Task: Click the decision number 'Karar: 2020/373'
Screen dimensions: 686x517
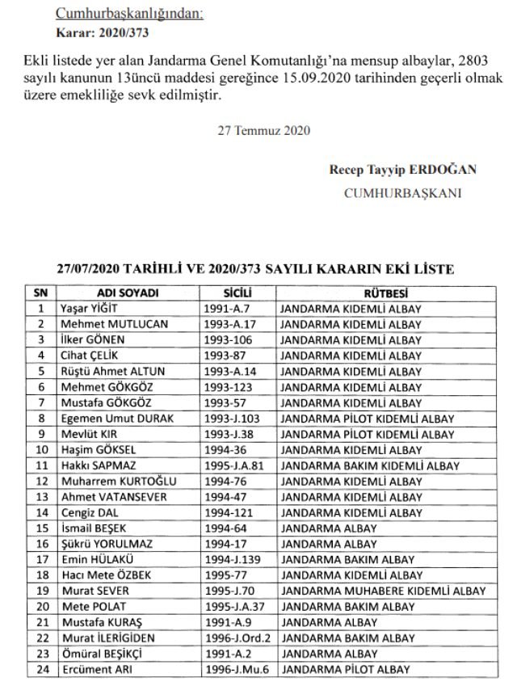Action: pyautogui.click(x=102, y=33)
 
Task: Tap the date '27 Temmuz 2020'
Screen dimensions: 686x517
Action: pyautogui.click(x=263, y=130)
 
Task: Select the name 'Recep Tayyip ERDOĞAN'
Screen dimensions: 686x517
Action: pyautogui.click(x=402, y=170)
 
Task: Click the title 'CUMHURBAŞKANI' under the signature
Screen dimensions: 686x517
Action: pyautogui.click(x=402, y=193)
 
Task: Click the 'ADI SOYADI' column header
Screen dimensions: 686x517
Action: pyautogui.click(x=127, y=292)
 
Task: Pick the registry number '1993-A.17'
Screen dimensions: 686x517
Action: pyautogui.click(x=233, y=323)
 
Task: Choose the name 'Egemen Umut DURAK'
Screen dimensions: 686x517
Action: pyautogui.click(x=111, y=419)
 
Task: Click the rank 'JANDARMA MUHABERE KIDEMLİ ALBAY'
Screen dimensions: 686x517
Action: pyautogui.click(x=383, y=591)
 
